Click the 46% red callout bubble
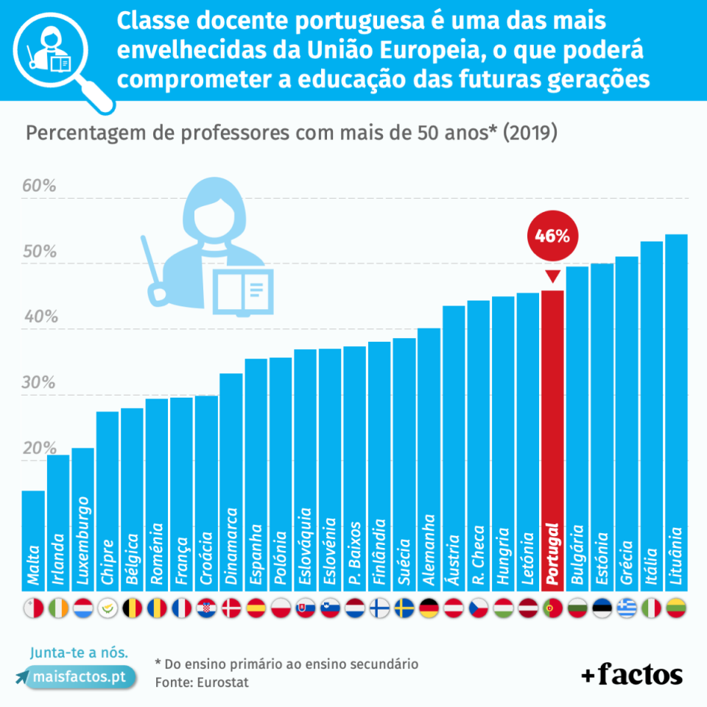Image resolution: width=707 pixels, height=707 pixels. click(552, 236)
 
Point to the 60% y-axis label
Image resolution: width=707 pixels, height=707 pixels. click(39, 186)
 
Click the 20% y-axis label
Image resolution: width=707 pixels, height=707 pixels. click(39, 449)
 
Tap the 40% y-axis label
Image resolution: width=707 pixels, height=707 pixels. click(39, 317)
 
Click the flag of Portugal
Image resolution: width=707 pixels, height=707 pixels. click(552, 608)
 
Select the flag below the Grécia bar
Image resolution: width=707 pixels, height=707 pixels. click(627, 608)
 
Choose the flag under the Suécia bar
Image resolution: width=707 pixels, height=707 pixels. click(404, 608)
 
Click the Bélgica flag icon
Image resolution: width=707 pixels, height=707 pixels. click(132, 608)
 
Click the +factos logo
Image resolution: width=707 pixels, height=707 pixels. click(631, 673)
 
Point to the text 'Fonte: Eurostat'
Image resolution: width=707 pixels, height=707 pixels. click(202, 683)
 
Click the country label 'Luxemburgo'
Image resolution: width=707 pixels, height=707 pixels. click(82, 541)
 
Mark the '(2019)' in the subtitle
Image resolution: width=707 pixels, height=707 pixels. click(528, 134)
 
